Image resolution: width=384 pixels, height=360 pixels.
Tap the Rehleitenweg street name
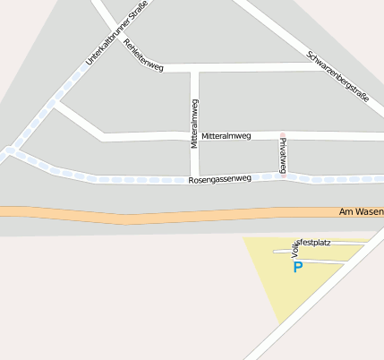point(144,56)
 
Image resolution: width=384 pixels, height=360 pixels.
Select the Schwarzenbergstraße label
point(337,77)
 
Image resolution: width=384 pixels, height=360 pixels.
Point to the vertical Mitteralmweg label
point(194,124)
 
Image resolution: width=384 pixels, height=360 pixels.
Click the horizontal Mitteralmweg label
point(226,136)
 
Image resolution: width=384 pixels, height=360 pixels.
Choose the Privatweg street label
point(283,155)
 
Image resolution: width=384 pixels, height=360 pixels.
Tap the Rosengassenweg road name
point(220,180)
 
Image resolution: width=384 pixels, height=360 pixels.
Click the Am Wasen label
point(362,212)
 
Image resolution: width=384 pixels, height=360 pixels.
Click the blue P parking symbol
point(298,267)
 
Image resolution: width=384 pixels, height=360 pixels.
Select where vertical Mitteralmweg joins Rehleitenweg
point(194,68)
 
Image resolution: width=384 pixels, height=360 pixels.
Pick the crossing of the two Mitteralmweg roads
point(194,137)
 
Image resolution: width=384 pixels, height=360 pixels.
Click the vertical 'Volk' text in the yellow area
point(294,250)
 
